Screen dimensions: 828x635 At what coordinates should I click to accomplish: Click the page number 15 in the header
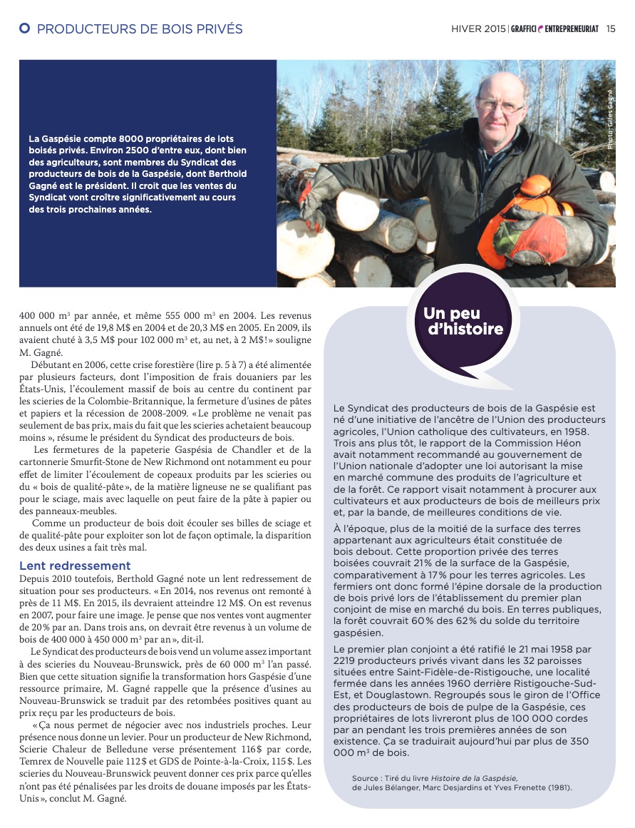pyautogui.click(x=611, y=29)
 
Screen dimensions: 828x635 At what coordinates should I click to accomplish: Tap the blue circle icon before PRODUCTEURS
pyautogui.click(x=25, y=29)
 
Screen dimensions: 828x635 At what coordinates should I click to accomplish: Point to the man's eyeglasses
pyautogui.click(x=500, y=106)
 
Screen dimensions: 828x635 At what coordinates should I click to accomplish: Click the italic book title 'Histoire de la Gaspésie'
pyautogui.click(x=478, y=778)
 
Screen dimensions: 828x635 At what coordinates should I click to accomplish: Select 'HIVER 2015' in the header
pyautogui.click(x=478, y=29)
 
